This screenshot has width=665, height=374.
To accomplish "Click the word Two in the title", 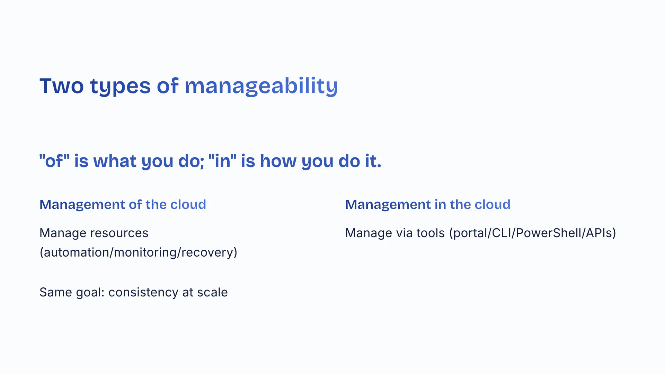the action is tap(62, 86).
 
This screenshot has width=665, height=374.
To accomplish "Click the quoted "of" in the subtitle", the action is tap(54, 161).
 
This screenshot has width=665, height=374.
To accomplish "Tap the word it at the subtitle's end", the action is tap(373, 161).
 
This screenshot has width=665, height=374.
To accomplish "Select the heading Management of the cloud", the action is tap(123, 205).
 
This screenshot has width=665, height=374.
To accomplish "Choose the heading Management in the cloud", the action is tap(428, 205).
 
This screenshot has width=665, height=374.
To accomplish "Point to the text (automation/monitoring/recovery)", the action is tap(139, 252).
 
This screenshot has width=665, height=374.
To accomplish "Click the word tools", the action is tap(431, 233).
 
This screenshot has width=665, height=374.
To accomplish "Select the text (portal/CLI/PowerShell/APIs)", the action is tap(533, 233).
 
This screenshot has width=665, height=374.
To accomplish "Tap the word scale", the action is tap(212, 292).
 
